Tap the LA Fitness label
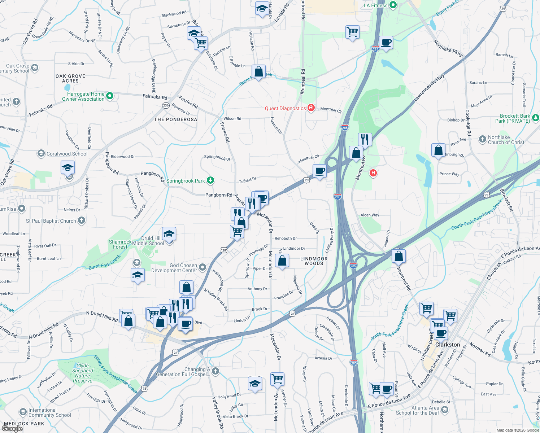point(375,5)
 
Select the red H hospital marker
point(373,173)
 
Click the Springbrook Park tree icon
point(210,180)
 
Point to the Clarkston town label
point(447,345)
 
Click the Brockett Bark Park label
point(515,118)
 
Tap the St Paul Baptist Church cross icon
point(82,220)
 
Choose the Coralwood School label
point(67,154)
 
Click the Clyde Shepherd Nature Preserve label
point(83,373)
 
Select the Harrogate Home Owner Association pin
point(110,96)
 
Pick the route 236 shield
point(166,105)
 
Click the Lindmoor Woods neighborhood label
point(314,261)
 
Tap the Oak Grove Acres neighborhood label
point(70,78)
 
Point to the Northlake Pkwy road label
point(448,48)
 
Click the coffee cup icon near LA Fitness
point(386,43)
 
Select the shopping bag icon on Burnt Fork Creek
point(258,71)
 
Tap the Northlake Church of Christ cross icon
point(482,139)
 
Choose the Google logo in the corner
point(12,429)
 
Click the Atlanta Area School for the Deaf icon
point(445,410)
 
